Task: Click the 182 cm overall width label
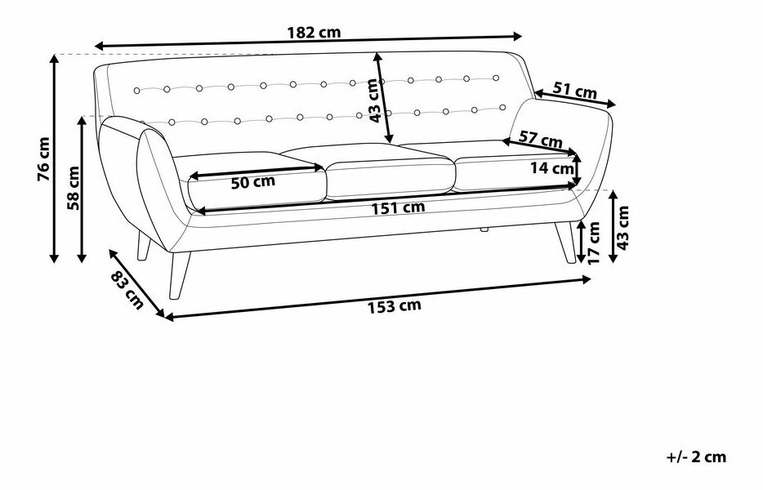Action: (x=314, y=33)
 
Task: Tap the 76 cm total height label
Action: (x=44, y=158)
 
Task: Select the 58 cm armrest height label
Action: (x=73, y=188)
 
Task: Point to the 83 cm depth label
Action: (x=127, y=290)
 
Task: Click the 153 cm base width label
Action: (x=394, y=306)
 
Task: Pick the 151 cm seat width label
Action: (x=398, y=207)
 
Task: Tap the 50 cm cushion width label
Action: (x=252, y=182)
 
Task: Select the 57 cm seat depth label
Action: (x=540, y=139)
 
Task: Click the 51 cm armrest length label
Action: (x=574, y=90)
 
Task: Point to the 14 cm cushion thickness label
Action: (x=551, y=168)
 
